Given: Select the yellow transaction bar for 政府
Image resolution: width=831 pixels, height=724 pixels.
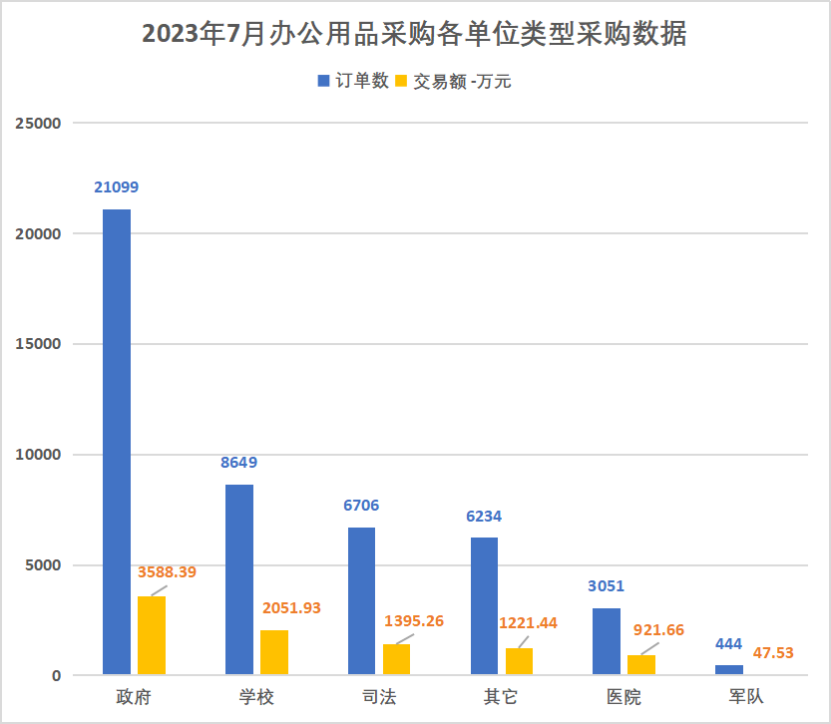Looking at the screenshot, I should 152,635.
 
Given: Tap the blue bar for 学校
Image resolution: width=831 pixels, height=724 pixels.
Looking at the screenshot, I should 239,579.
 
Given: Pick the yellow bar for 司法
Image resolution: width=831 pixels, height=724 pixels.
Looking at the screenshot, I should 396,659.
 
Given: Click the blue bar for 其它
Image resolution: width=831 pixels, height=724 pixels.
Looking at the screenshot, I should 484,606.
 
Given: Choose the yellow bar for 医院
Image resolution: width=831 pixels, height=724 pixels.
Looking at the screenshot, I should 641,665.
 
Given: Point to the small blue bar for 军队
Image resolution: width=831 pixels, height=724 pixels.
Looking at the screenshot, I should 729,670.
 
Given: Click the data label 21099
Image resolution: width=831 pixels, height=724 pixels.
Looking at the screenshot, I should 117,186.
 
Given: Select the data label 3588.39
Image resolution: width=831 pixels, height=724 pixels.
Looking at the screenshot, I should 167,572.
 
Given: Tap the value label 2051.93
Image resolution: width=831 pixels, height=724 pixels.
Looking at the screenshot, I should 291,607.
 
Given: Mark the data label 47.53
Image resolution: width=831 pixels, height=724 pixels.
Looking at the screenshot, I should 774,652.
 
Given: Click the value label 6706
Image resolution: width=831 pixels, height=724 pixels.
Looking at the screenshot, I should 361,506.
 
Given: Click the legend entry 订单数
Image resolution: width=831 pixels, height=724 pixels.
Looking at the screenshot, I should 354,81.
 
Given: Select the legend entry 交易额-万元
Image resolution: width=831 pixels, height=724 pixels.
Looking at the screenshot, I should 455,82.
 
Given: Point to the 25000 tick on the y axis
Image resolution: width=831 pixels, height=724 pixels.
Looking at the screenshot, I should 38,124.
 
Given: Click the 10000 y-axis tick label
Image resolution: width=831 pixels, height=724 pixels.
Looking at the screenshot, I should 38,455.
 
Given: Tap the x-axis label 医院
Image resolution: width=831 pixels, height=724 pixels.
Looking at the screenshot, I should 623,697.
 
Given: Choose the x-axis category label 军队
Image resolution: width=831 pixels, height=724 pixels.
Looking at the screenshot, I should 746,697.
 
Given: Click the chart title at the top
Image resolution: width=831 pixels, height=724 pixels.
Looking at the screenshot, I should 414,35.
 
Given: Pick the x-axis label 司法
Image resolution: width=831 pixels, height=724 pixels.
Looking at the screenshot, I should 378,697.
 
